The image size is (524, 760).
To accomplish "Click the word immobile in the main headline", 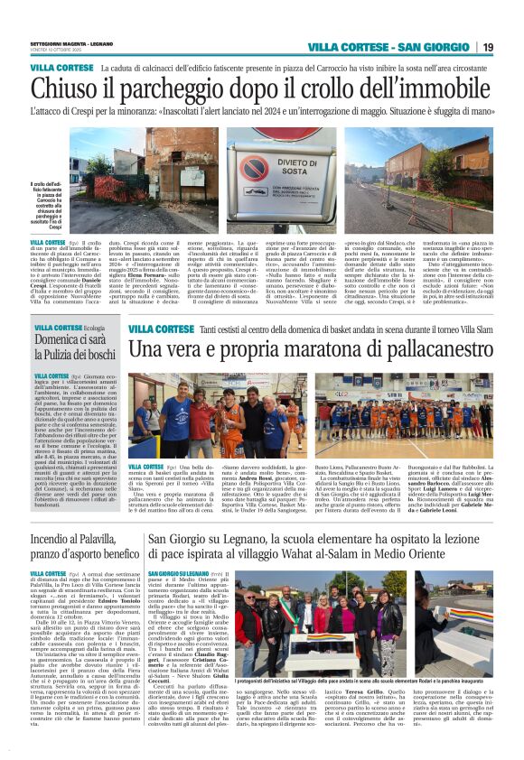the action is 442,88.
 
